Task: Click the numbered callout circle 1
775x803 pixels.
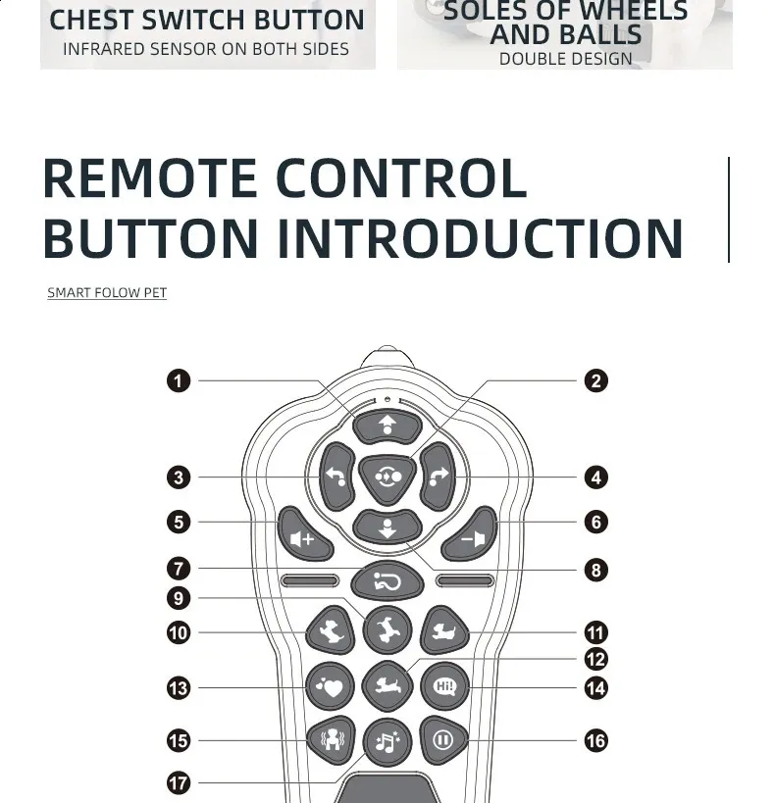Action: (x=179, y=381)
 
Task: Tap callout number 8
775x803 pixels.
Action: (x=596, y=570)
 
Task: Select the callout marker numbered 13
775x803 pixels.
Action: (x=179, y=687)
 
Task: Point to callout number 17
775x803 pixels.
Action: (x=179, y=783)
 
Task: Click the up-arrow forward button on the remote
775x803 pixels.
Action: (x=387, y=427)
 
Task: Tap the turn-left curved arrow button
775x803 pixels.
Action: (x=337, y=477)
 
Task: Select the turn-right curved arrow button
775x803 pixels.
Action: (x=438, y=477)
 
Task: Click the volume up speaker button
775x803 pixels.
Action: (x=304, y=535)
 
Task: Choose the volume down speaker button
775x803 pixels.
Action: (x=470, y=535)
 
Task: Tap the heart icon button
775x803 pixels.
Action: (x=330, y=686)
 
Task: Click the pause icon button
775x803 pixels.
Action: (x=443, y=740)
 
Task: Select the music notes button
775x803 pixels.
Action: (x=387, y=742)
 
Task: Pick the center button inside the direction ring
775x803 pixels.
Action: (x=387, y=478)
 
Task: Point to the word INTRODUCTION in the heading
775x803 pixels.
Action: (x=480, y=238)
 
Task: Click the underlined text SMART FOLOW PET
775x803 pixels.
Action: (x=107, y=292)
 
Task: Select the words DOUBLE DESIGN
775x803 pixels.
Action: (x=565, y=59)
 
